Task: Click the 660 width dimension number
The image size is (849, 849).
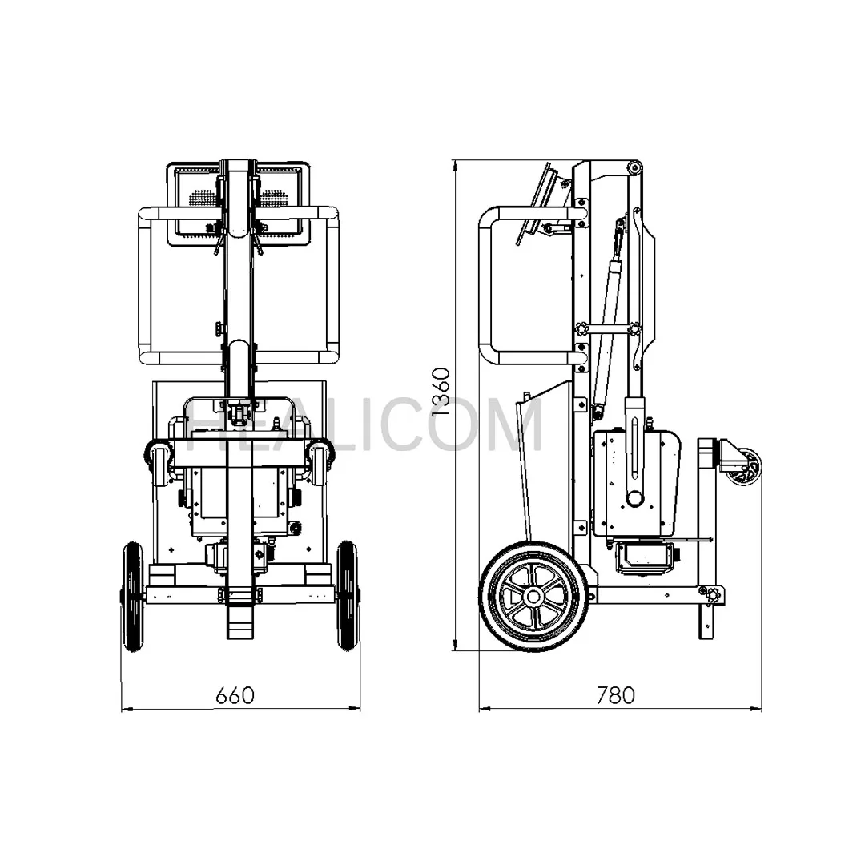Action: pyautogui.click(x=235, y=694)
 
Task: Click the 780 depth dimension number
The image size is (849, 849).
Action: pyautogui.click(x=615, y=694)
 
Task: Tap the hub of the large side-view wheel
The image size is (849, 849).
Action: pyautogui.click(x=532, y=597)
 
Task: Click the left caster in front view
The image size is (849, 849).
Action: pyautogui.click(x=159, y=464)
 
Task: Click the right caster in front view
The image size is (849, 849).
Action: pyautogui.click(x=320, y=464)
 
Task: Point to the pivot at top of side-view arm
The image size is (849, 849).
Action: pyautogui.click(x=634, y=167)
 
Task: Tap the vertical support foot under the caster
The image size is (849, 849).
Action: pyautogui.click(x=706, y=621)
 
